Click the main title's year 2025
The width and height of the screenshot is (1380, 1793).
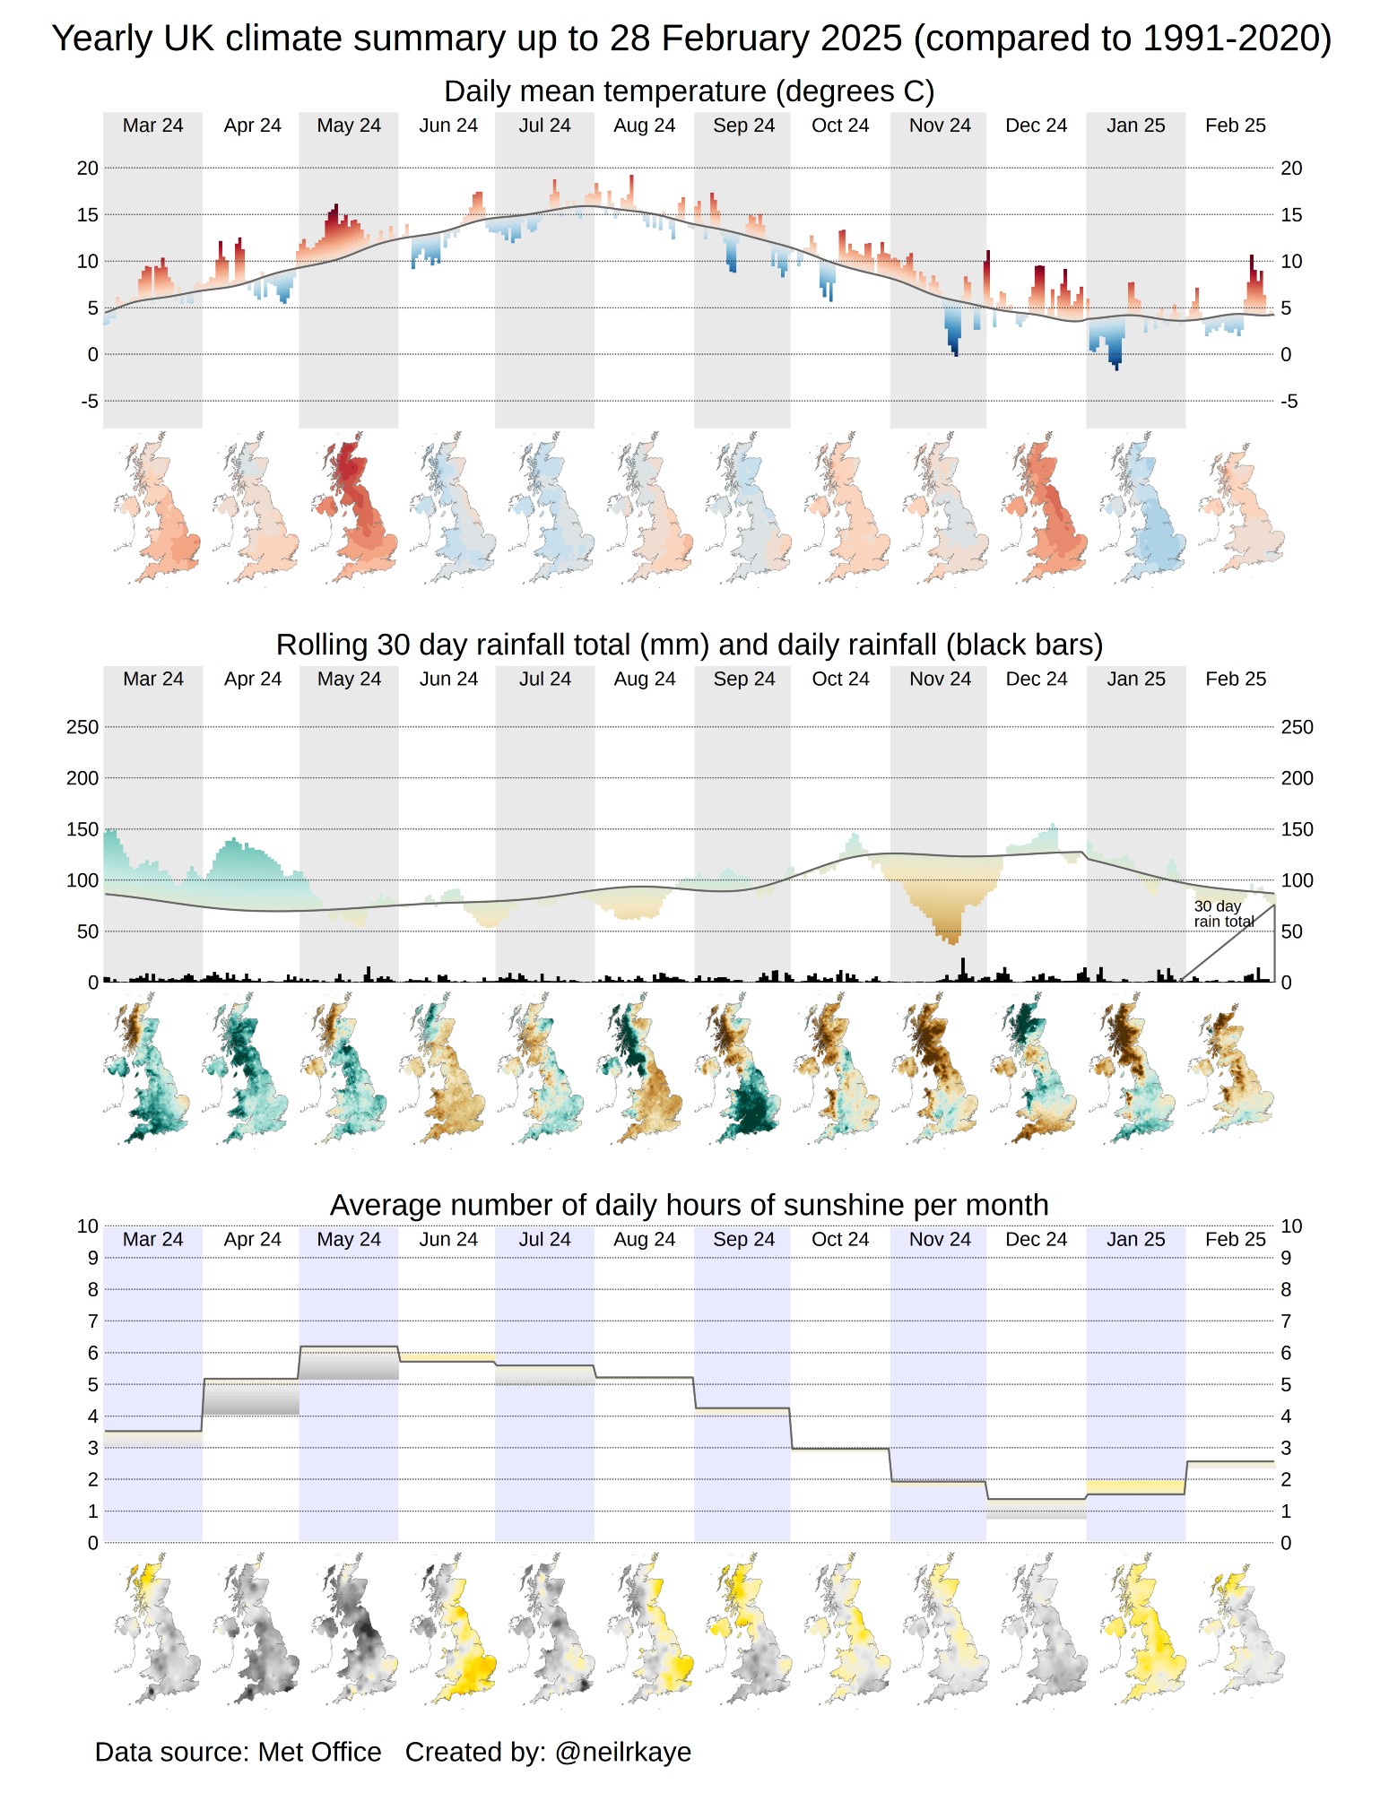pos(861,39)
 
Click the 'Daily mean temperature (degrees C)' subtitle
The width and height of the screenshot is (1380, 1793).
pos(689,91)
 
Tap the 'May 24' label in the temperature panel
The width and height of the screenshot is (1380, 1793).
pos(349,126)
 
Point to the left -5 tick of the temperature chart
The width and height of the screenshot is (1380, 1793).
pos(89,401)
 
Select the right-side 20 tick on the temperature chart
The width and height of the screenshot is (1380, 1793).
pos(1290,168)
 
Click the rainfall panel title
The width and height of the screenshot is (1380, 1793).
pos(689,645)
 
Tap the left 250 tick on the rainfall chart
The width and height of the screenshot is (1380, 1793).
pos(82,727)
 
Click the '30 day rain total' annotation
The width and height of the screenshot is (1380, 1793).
pos(1223,914)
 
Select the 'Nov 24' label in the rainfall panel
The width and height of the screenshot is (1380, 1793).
pos(940,679)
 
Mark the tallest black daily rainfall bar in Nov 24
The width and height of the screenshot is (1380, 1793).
pos(963,968)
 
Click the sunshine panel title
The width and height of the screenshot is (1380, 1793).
pos(689,1205)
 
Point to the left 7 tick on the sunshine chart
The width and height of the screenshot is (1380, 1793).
pos(92,1321)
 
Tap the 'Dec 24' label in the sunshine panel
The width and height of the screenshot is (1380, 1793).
pos(1036,1239)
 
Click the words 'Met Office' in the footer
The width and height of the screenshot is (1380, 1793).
pos(319,1751)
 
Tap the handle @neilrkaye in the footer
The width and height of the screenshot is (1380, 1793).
pos(623,1751)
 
